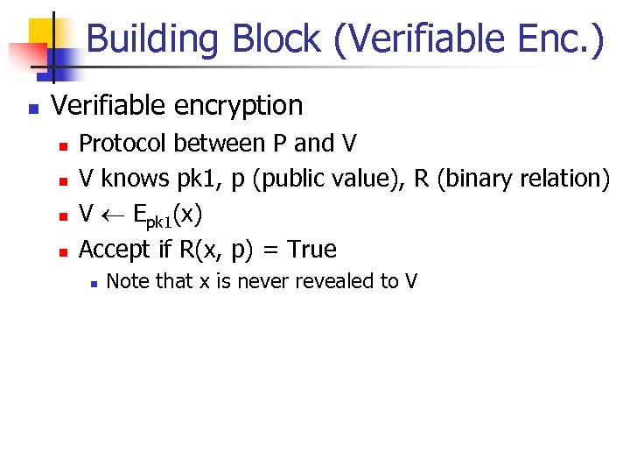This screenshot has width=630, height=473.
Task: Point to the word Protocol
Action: coord(118,143)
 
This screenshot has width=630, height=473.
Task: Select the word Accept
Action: coord(115,251)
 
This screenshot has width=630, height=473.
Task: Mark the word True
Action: coord(311,250)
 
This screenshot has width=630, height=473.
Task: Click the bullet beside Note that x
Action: coord(91,283)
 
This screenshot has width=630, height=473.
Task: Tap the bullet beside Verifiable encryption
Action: coord(31,109)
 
